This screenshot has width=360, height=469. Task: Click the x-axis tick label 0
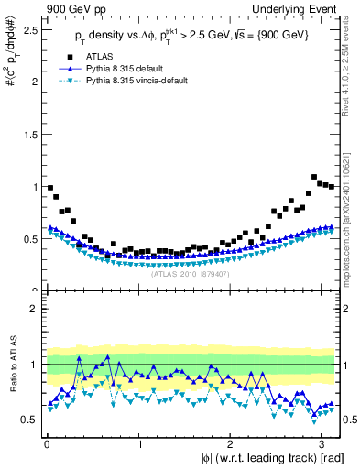(x=47, y=443)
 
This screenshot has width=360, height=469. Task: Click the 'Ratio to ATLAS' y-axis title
(x=11, y=365)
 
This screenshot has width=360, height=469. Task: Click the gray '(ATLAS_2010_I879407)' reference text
(x=191, y=274)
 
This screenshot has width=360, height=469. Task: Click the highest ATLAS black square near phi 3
(x=314, y=177)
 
